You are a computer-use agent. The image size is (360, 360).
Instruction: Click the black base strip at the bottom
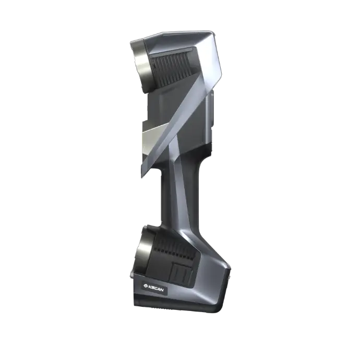click(177, 308)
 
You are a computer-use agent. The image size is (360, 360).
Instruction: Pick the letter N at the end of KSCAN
click(164, 287)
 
